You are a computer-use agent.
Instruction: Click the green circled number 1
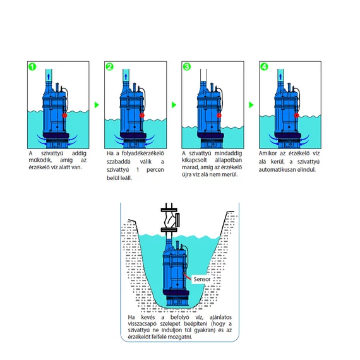point(32,67)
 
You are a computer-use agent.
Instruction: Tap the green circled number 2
point(110,67)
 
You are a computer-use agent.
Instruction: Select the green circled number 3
point(187,67)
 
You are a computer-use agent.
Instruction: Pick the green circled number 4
point(264,67)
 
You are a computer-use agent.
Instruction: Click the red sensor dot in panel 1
point(65,115)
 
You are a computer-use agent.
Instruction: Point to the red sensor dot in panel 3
point(219,115)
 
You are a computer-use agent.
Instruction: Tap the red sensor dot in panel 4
point(297,115)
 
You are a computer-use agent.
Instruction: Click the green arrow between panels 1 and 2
point(97,105)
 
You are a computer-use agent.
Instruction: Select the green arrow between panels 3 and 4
point(251,105)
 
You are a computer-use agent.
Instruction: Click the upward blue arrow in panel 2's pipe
point(126,76)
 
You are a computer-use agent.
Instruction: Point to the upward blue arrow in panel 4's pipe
point(280,76)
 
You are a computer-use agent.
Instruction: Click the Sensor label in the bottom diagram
point(202,279)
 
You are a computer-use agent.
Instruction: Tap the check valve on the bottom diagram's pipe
point(171,220)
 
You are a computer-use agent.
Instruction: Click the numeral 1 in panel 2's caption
point(138,170)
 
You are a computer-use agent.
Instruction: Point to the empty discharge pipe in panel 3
point(203,75)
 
